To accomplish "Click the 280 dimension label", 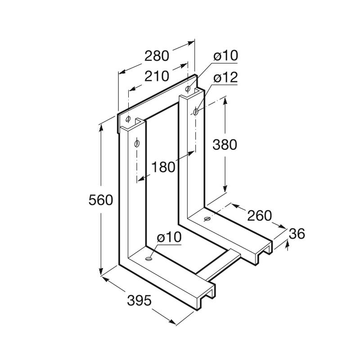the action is point(157,56).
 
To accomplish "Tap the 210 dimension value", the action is point(157,76).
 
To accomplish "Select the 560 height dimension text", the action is point(101,200).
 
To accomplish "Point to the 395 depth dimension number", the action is point(139,300).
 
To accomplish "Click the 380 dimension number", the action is point(225,144).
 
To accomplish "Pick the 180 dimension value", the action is point(163,167).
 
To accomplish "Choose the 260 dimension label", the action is point(260,216).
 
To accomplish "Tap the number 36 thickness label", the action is point(297,234).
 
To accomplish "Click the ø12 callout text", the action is point(225,77).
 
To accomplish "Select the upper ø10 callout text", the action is point(225,56).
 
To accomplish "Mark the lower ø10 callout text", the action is point(169,237).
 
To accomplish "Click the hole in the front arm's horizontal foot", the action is point(149,259).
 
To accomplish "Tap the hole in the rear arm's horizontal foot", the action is point(207,219).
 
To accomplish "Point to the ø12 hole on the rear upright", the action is point(196,112).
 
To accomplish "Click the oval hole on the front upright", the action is point(137,144).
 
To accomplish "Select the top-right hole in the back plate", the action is point(188,88).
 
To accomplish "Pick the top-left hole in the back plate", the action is point(128,119).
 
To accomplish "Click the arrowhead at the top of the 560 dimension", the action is point(101,128).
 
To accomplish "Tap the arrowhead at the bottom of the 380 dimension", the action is point(225,189).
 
